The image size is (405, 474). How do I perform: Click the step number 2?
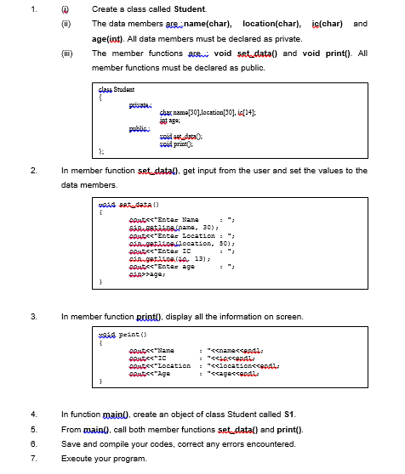point(31,170)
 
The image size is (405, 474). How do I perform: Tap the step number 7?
point(31,458)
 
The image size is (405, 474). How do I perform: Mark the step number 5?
point(31,428)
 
